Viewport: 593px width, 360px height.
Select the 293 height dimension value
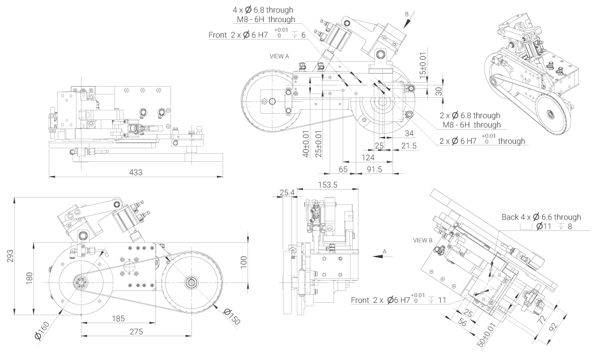tap(8, 256)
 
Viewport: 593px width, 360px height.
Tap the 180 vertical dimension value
tap(28, 277)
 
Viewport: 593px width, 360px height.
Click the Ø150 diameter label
tap(232, 316)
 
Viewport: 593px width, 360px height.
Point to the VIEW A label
tap(280, 57)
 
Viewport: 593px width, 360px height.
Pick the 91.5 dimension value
tap(373, 169)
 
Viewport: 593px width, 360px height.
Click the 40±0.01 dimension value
tap(306, 145)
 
